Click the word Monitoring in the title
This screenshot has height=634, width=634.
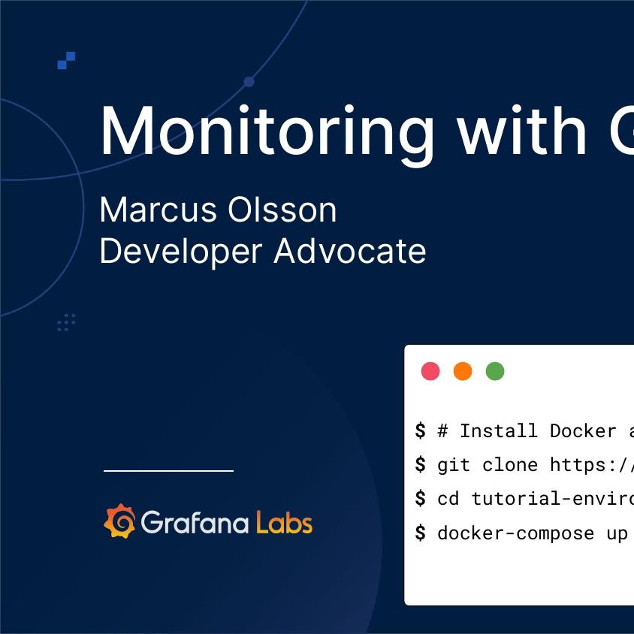[267, 131]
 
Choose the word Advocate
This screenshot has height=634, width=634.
[350, 251]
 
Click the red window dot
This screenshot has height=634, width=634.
[430, 371]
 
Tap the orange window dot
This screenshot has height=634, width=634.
[463, 371]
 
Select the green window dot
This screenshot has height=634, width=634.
[495, 371]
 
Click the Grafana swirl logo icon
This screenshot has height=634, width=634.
[119, 521]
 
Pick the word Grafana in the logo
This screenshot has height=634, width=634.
[195, 522]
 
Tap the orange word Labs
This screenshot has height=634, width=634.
[284, 522]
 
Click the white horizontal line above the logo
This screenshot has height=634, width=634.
[168, 471]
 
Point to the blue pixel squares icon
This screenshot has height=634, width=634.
[67, 60]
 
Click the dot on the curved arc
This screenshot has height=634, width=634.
[249, 82]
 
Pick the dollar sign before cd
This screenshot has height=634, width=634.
[420, 498]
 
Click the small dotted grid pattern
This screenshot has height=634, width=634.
[67, 322]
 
